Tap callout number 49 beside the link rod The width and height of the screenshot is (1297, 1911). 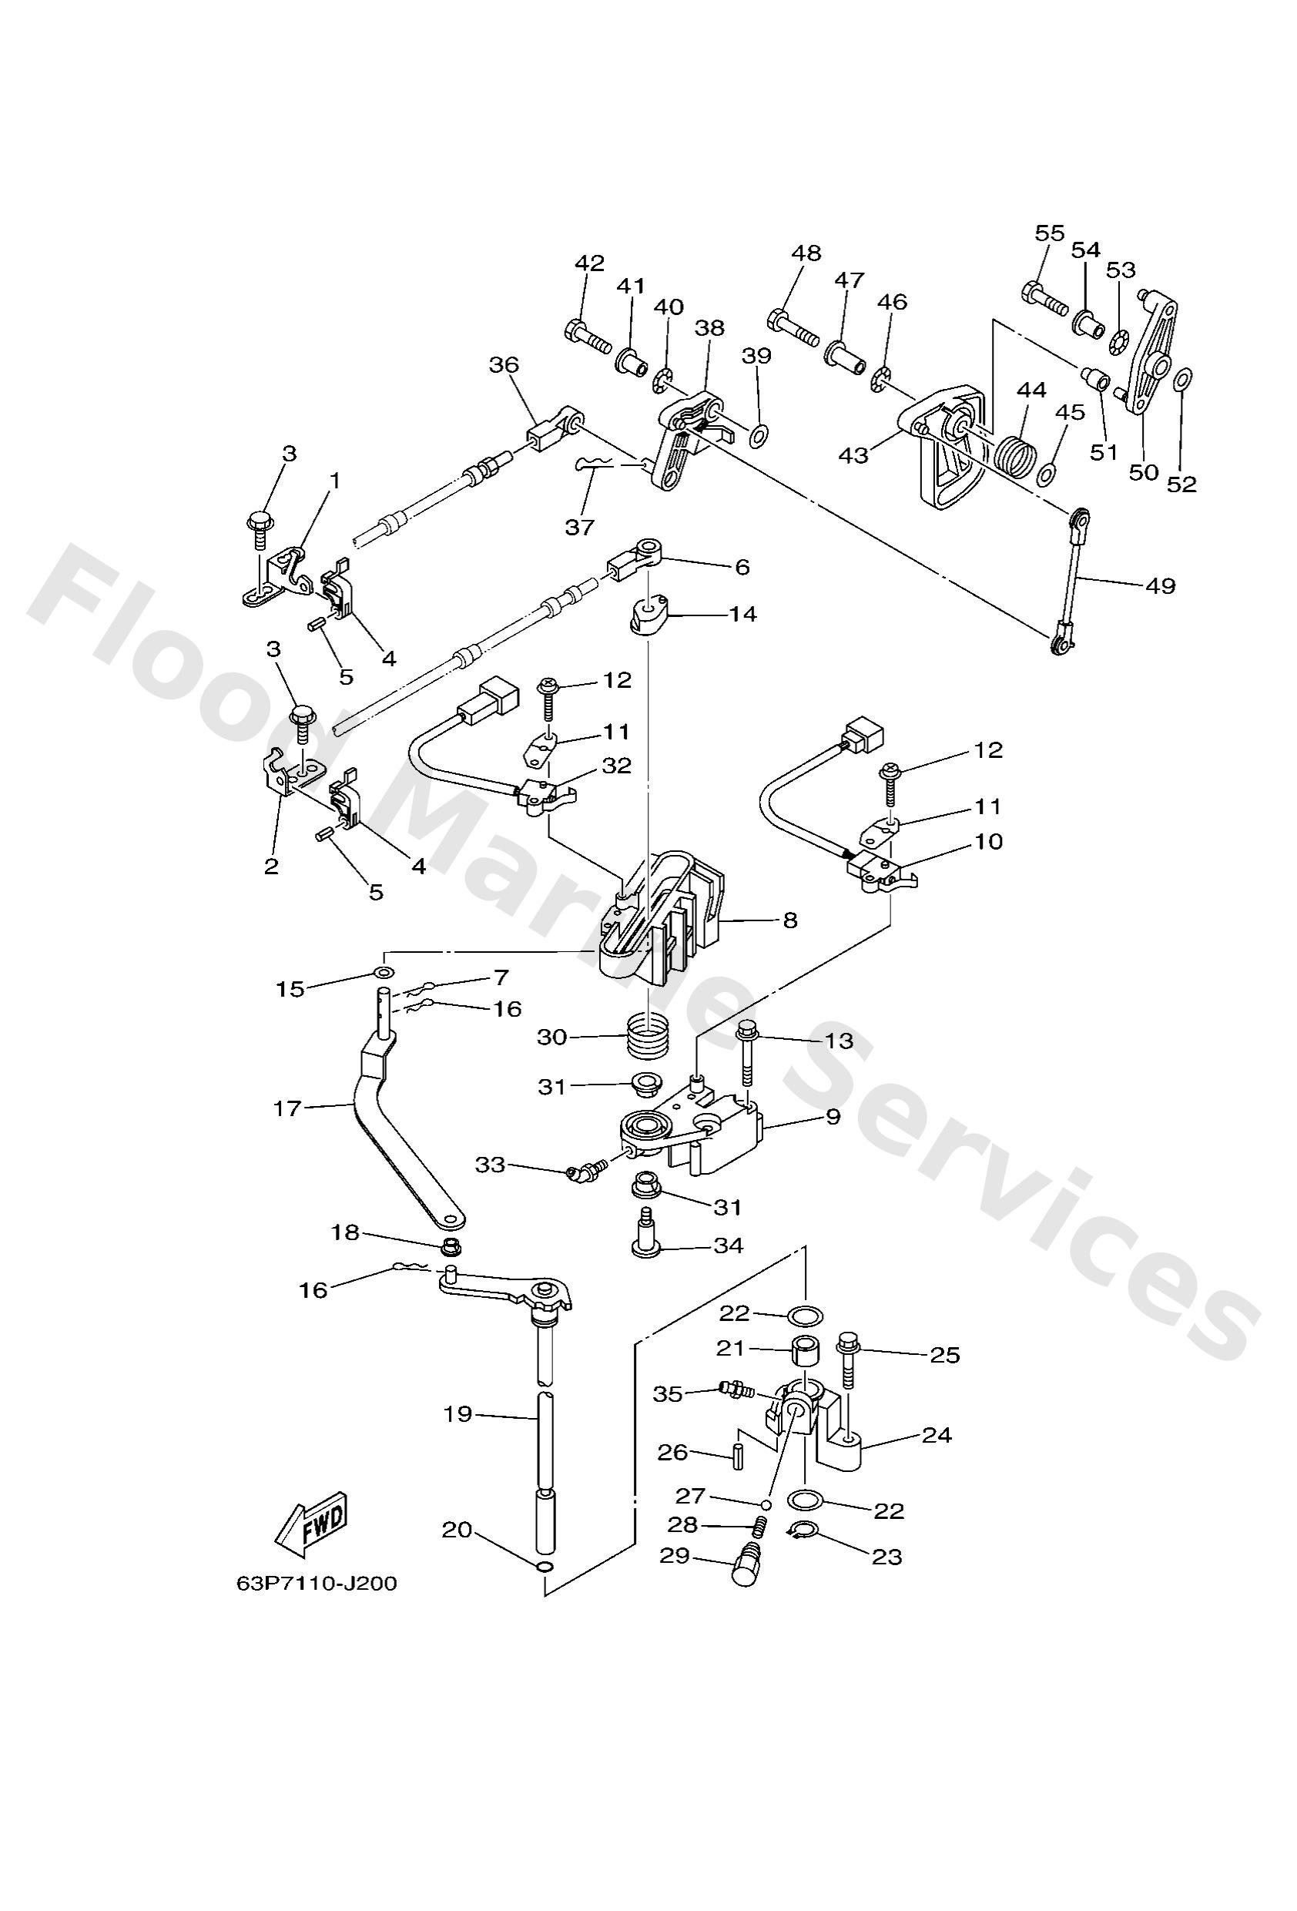(x=1160, y=585)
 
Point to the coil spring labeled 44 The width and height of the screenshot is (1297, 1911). (x=1016, y=452)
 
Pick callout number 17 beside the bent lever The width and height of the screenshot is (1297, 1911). (x=287, y=1108)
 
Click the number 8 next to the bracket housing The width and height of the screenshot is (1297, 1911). (x=789, y=920)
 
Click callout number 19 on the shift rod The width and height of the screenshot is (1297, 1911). (x=458, y=1414)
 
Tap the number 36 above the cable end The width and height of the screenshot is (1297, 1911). (x=504, y=364)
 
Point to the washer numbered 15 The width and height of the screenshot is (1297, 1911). (x=384, y=974)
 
